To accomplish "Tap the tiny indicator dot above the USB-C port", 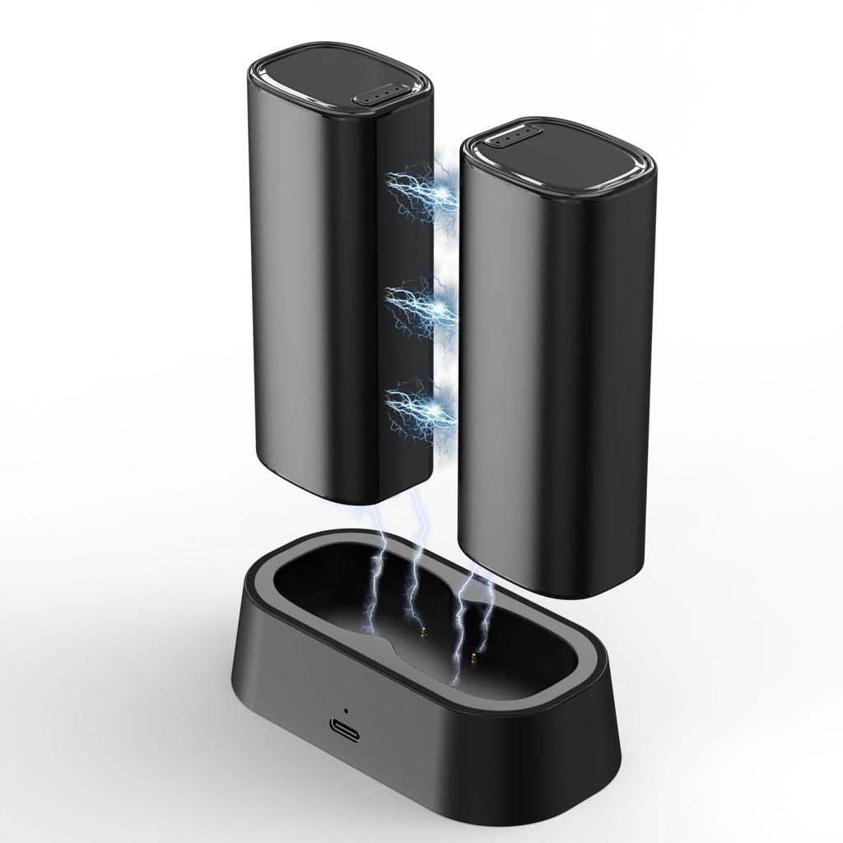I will pyautogui.click(x=346, y=710).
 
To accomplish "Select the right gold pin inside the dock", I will pyautogui.click(x=474, y=657).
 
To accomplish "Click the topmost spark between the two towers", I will pyautogui.click(x=436, y=191).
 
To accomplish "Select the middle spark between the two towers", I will pyautogui.click(x=435, y=306).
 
